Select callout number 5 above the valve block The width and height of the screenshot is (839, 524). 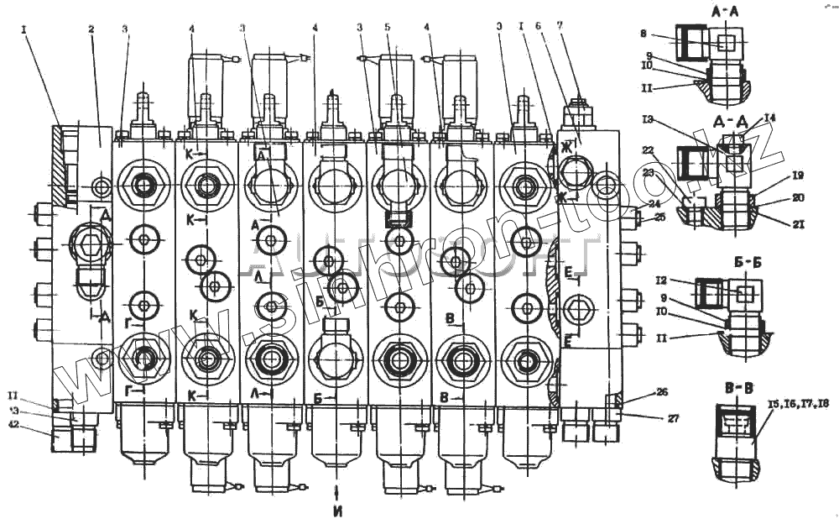click(x=387, y=27)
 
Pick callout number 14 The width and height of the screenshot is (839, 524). click(x=770, y=118)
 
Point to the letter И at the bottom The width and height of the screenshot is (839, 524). click(x=336, y=509)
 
